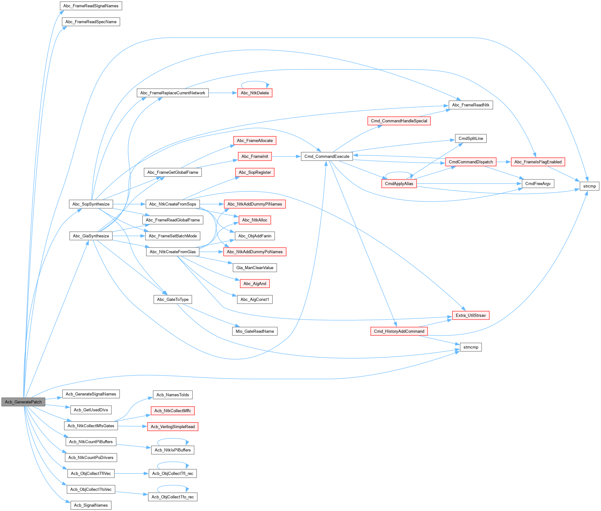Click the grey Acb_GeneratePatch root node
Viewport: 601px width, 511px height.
23,402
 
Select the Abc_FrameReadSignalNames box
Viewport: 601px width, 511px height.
91,6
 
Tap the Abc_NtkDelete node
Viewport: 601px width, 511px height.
255,93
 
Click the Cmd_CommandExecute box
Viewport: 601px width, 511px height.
327,157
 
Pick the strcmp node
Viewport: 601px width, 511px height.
589,186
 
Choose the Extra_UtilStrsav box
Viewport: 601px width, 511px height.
470,315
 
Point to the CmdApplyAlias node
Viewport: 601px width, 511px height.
399,184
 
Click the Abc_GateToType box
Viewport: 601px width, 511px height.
172,300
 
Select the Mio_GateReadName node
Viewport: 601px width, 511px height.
255,331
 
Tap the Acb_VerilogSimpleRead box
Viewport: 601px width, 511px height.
172,427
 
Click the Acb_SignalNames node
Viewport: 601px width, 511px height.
91,505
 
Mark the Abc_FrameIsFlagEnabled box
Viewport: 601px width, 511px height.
538,162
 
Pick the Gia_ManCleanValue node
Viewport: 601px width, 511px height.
255,268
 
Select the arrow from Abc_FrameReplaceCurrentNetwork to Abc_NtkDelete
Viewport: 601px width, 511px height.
223,93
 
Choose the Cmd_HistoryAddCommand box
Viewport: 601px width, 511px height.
399,331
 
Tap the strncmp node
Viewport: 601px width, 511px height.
470,347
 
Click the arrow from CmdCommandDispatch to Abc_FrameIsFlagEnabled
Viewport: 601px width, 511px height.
503,162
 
